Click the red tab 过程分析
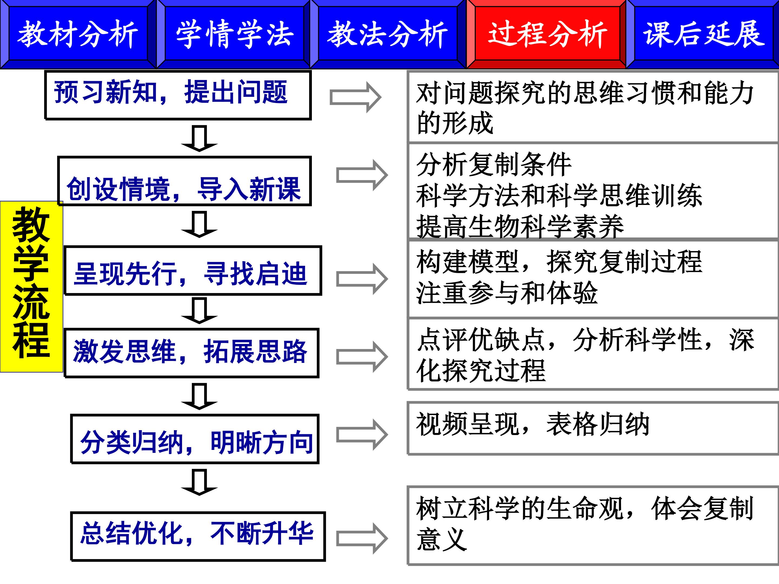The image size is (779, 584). (547, 34)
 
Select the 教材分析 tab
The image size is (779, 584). (78, 34)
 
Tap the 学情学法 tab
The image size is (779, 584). (234, 34)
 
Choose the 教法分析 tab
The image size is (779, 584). (387, 34)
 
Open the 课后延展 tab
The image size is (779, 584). (703, 34)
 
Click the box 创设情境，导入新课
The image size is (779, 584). (184, 181)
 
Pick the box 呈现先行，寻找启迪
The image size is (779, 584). (193, 270)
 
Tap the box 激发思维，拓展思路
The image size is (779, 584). (191, 353)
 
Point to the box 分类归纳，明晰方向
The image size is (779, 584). (195, 439)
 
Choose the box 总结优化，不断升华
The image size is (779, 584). (197, 536)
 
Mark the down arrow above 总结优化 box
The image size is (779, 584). (199, 482)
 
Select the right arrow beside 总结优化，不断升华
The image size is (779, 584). (362, 539)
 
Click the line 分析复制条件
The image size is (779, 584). (494, 164)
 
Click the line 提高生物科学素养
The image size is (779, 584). (520, 227)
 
